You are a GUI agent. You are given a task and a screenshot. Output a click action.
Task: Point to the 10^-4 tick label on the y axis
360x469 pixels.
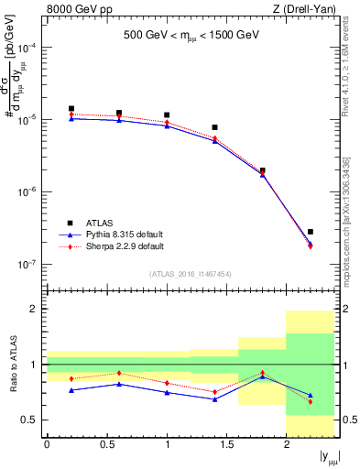pos(30,48)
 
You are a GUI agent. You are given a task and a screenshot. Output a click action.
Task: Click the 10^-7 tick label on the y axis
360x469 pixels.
pos(30,264)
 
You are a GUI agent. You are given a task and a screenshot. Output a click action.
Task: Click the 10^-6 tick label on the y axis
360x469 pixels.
pos(30,192)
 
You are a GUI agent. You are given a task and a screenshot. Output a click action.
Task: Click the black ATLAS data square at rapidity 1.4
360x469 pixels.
pos(214,127)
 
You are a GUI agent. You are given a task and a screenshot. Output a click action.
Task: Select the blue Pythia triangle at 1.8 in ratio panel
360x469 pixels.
pos(263,376)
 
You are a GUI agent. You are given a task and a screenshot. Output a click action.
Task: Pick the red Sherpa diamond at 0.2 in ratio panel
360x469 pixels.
pos(71,378)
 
